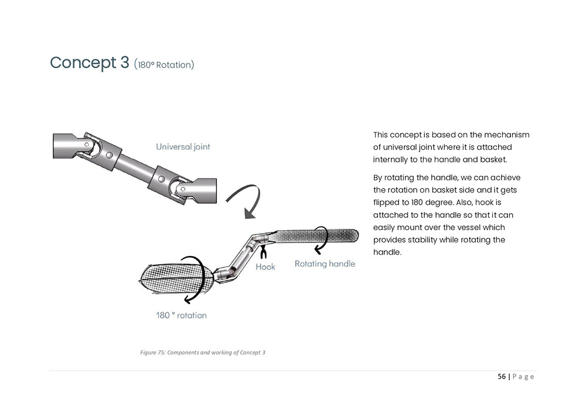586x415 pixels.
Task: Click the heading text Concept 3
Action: click(89, 63)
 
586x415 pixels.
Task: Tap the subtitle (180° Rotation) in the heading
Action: click(164, 65)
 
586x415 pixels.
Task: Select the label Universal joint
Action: click(183, 147)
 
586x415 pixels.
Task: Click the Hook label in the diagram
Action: click(265, 266)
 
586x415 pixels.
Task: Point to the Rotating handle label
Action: click(325, 264)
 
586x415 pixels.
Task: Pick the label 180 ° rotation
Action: click(181, 315)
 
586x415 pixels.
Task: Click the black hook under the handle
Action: click(263, 251)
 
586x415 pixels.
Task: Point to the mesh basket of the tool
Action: click(170, 279)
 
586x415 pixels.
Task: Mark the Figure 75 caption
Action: click(203, 353)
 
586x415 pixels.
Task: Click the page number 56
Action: click(502, 377)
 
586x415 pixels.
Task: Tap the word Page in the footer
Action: click(523, 377)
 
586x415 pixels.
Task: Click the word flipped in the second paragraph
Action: click(387, 203)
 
